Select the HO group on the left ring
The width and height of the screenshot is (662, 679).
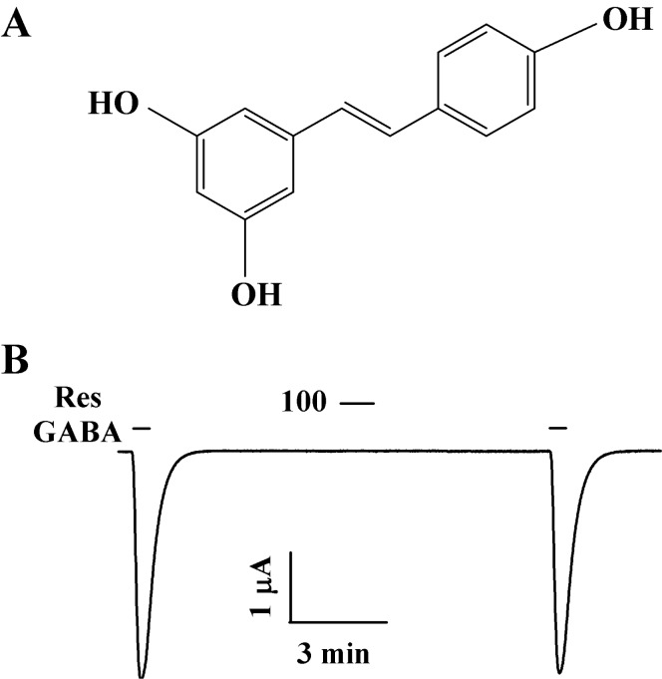point(115,103)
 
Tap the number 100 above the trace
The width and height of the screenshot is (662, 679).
point(305,406)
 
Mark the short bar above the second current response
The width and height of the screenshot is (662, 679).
point(558,430)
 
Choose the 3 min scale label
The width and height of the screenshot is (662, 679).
point(332,655)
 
